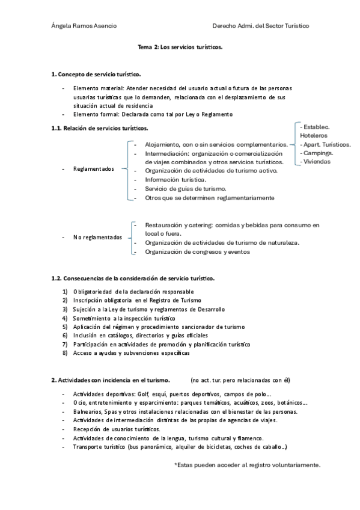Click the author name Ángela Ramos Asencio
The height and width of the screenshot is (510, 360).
tap(84, 26)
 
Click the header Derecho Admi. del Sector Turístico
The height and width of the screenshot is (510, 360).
tap(260, 26)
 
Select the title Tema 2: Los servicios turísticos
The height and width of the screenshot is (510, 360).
tap(180, 46)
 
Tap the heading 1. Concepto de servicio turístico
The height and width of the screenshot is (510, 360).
tap(96, 74)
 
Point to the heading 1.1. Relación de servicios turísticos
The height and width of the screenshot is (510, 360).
tap(100, 128)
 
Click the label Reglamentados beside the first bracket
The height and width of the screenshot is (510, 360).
tap(94, 169)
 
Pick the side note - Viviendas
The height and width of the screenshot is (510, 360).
tap(316, 162)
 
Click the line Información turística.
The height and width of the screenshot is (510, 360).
tap(175, 179)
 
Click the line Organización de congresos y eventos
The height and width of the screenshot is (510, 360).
tap(197, 252)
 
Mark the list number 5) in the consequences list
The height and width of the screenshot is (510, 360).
tap(65, 326)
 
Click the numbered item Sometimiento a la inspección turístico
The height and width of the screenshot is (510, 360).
tap(124, 318)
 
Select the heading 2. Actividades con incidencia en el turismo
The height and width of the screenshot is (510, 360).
tap(111, 379)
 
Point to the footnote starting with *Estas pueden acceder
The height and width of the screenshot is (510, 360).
tap(247, 465)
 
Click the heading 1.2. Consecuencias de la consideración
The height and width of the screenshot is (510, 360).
tap(133, 278)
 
